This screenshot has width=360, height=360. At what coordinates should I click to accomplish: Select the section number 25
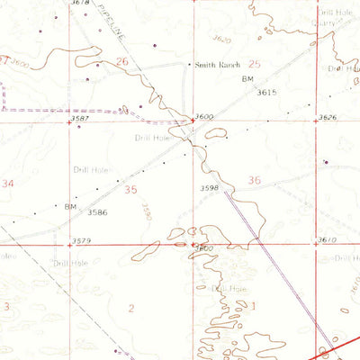254,64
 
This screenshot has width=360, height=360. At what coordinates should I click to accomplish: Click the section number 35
132,190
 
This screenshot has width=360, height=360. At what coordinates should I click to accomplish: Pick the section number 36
255,180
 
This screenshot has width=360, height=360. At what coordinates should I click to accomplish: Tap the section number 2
131,309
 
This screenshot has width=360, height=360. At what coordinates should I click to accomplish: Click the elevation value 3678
81,4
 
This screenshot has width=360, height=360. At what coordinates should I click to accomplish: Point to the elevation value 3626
328,118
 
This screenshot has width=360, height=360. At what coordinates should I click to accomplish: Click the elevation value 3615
265,92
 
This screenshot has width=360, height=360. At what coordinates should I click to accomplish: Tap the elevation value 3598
210,187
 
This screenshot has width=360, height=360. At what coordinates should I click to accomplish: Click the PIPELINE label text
107,40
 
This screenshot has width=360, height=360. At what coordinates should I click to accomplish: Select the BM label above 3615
249,81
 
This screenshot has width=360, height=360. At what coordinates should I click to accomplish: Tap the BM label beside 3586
70,206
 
